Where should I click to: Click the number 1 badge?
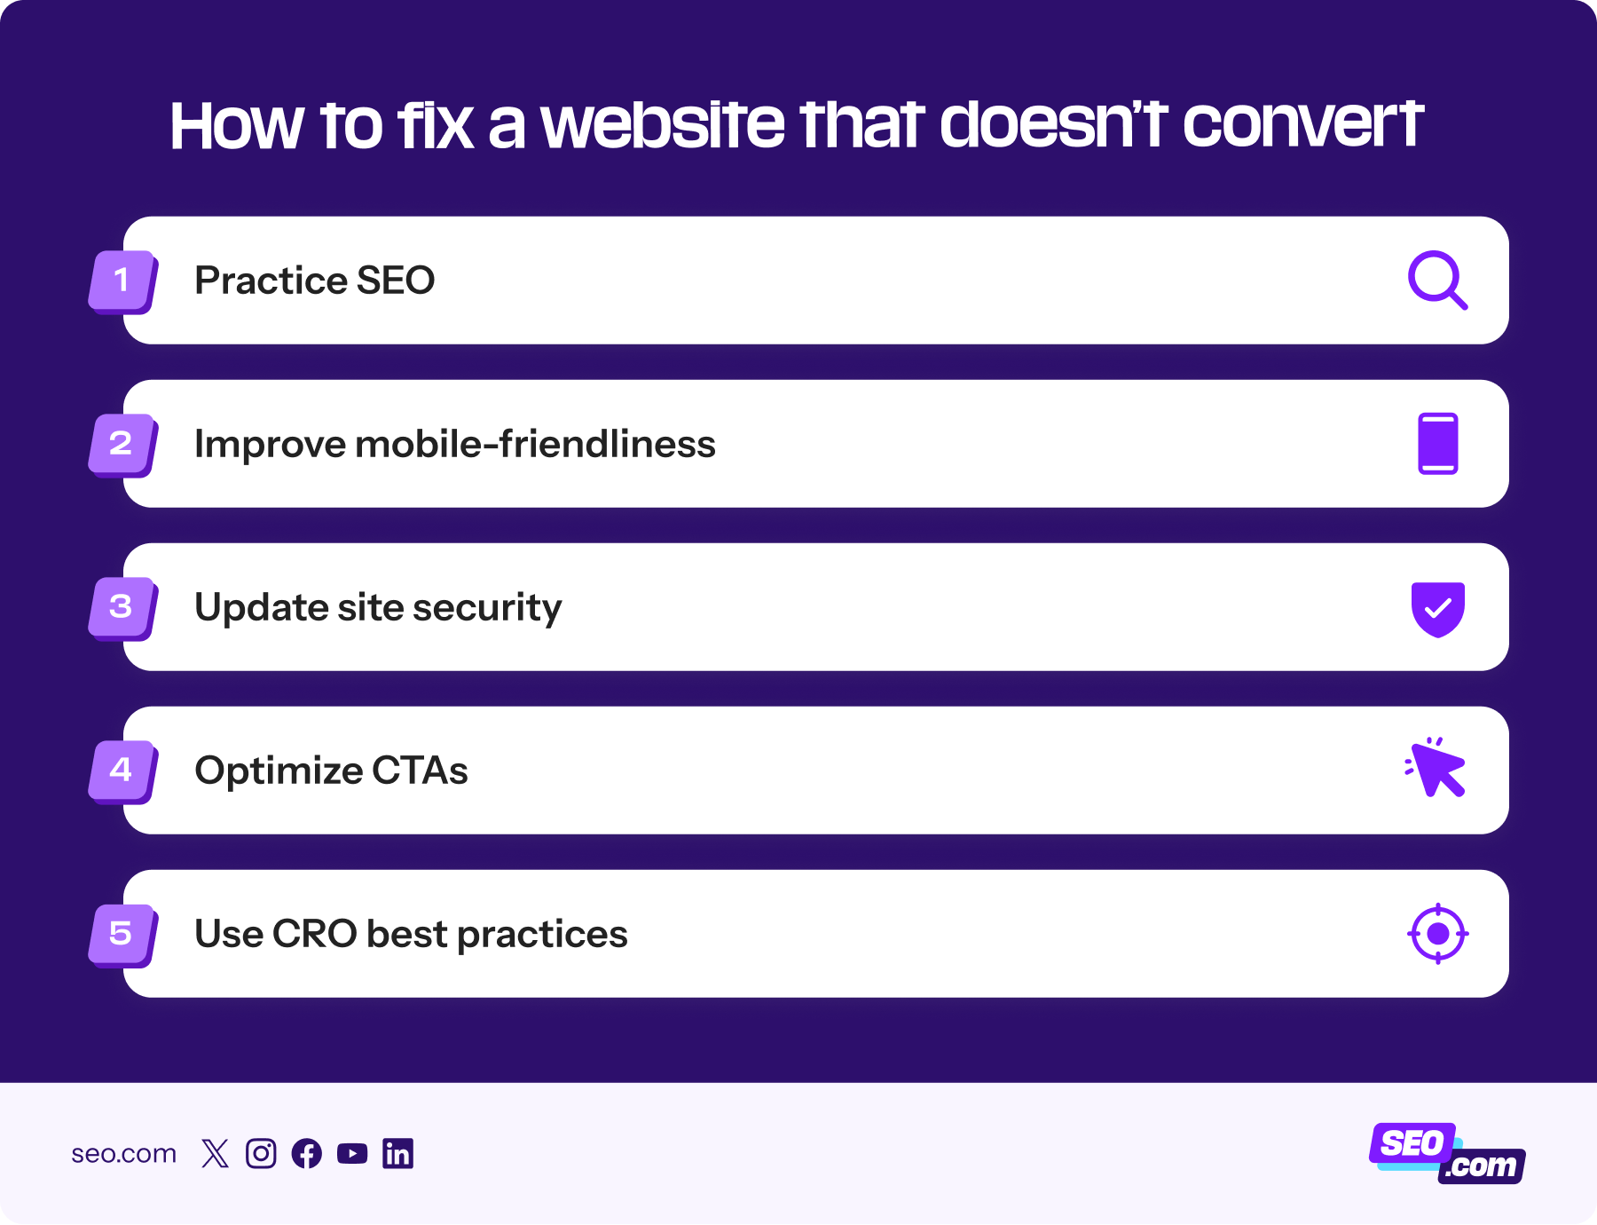click(x=122, y=281)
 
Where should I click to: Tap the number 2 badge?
click(x=122, y=445)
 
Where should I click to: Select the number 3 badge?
click(x=122, y=608)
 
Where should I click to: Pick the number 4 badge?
click(x=122, y=771)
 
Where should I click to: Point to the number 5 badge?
click(x=122, y=935)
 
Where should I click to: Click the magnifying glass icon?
click(x=1437, y=281)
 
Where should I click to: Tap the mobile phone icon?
click(x=1437, y=444)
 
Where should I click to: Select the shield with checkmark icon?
click(x=1437, y=609)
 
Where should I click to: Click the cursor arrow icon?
click(x=1436, y=769)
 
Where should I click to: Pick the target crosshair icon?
click(x=1437, y=934)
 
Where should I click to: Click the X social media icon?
click(x=215, y=1153)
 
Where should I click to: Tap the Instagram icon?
click(x=261, y=1153)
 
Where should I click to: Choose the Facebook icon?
click(x=307, y=1153)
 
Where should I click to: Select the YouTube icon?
click(x=352, y=1153)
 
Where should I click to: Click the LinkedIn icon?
click(x=397, y=1153)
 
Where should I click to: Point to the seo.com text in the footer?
click(x=123, y=1154)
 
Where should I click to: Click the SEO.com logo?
click(x=1446, y=1153)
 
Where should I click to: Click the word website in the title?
click(x=663, y=124)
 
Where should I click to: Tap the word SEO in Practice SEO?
click(x=395, y=281)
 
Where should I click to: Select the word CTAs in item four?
click(x=420, y=771)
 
